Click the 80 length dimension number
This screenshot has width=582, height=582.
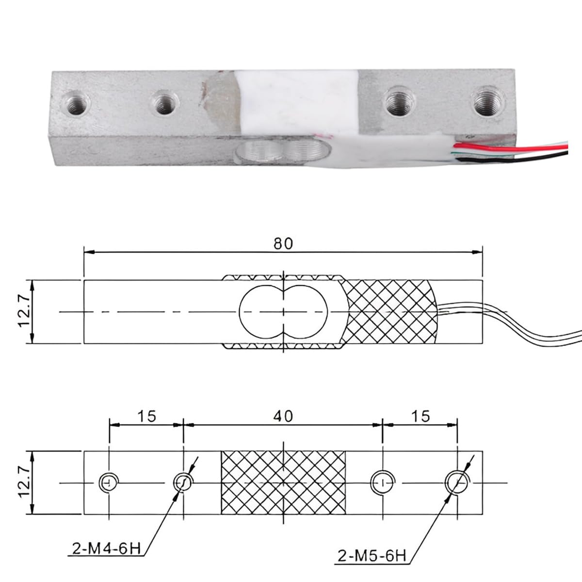(283, 244)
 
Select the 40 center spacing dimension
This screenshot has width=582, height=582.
(283, 417)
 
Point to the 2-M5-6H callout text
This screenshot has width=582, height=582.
(372, 556)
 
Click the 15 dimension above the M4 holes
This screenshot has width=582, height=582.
(147, 417)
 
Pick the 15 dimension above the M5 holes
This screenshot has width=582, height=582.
(420, 417)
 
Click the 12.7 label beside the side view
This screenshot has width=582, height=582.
(24, 311)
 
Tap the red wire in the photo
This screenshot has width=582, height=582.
(510, 148)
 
